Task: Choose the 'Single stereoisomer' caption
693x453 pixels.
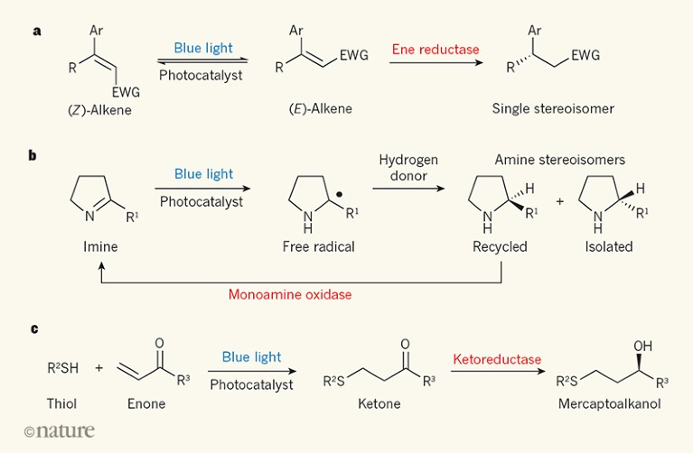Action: point(553,108)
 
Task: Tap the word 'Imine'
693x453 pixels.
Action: point(87,246)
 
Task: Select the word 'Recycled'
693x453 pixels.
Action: point(500,246)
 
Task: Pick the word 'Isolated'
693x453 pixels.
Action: point(608,246)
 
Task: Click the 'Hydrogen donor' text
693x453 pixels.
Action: point(408,169)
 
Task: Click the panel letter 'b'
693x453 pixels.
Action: point(33,155)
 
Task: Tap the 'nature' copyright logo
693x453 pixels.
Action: point(60,431)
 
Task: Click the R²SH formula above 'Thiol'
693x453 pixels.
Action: point(63,368)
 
